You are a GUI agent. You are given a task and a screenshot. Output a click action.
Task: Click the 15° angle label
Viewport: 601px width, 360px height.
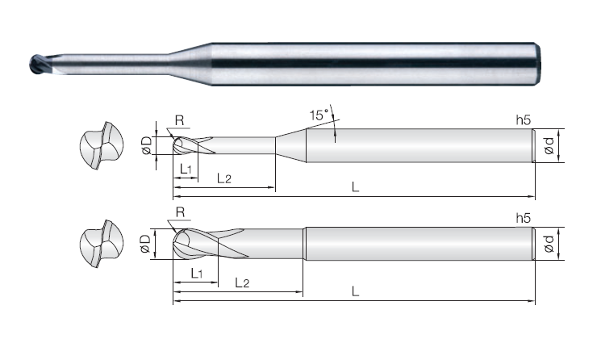pos(319,115)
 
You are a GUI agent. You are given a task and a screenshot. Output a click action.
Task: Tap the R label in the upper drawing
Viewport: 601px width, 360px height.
pos(179,120)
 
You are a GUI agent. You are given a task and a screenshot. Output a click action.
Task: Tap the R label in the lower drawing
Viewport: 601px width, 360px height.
pos(180,212)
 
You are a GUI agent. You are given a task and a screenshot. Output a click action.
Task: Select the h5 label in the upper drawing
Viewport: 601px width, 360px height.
pos(524,120)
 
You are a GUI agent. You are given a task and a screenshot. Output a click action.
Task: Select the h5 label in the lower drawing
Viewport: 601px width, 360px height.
pos(524,218)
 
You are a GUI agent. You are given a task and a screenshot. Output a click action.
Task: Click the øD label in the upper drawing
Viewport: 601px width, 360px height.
pos(147,145)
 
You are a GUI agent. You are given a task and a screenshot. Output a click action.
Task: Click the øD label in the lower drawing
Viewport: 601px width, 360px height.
pos(145,244)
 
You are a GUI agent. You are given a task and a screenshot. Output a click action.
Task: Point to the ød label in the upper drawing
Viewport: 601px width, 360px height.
pos(549,145)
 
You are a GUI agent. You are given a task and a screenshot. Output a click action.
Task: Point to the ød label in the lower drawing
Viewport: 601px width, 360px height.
pos(549,244)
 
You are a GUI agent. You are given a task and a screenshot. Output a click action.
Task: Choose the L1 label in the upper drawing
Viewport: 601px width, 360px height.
pos(186,169)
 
